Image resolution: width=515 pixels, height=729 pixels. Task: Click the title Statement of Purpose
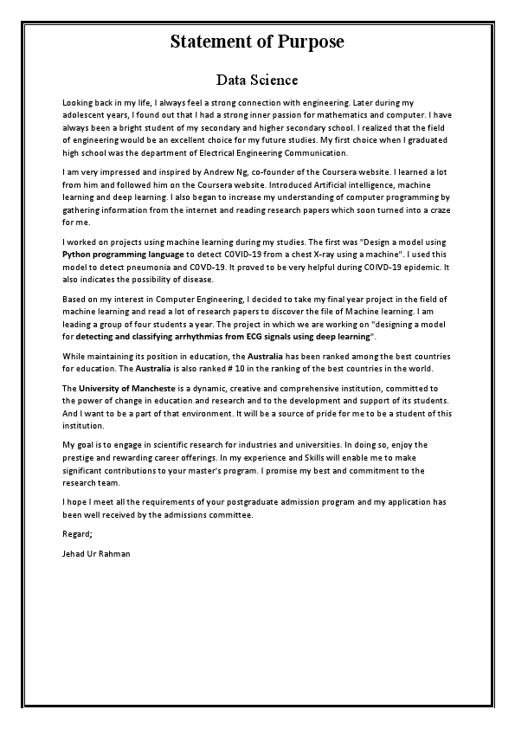click(x=257, y=42)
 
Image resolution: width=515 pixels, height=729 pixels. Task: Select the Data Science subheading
click(x=257, y=81)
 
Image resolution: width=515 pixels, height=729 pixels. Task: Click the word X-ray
click(x=346, y=256)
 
